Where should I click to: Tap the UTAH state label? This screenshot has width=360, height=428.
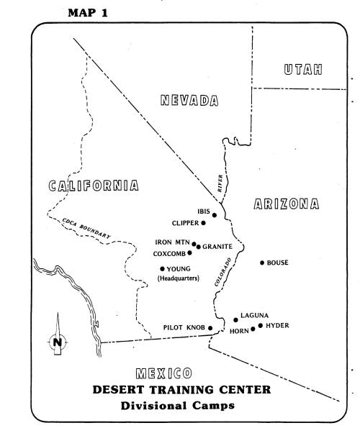[x=302, y=70]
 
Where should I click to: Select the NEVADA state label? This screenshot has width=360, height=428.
[x=189, y=101]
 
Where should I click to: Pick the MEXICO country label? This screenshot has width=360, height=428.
[x=163, y=373]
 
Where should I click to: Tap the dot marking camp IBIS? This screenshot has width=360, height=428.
[x=215, y=214]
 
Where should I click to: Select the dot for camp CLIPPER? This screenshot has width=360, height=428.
[x=203, y=223]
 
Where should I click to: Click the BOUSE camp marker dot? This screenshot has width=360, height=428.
[x=261, y=263]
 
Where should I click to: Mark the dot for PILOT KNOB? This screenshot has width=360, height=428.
[x=210, y=328]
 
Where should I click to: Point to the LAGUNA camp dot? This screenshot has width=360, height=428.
[x=235, y=319]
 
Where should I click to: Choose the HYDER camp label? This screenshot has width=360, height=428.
[x=277, y=326]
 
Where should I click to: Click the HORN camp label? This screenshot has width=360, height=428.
[x=238, y=331]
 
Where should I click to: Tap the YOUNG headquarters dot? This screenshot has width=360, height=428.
[x=162, y=269]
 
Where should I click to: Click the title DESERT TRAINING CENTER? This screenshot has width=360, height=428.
[x=181, y=391]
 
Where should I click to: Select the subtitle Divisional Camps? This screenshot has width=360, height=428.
[x=182, y=406]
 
